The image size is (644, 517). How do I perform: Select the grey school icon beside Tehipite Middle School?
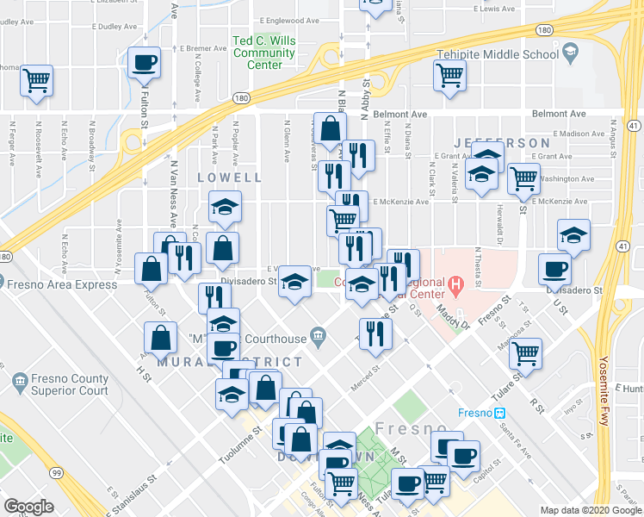pyautogui.click(x=569, y=54)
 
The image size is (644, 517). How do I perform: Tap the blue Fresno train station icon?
pyautogui.click(x=498, y=413)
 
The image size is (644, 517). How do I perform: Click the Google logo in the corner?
pyautogui.click(x=28, y=507)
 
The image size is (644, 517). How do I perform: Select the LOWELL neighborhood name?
pyautogui.click(x=229, y=178)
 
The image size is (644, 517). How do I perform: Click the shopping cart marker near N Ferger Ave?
pyautogui.click(x=37, y=81)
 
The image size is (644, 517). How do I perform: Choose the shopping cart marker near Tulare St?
pyautogui.click(x=524, y=352)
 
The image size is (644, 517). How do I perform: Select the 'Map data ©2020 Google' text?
pyautogui.click(x=590, y=510)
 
